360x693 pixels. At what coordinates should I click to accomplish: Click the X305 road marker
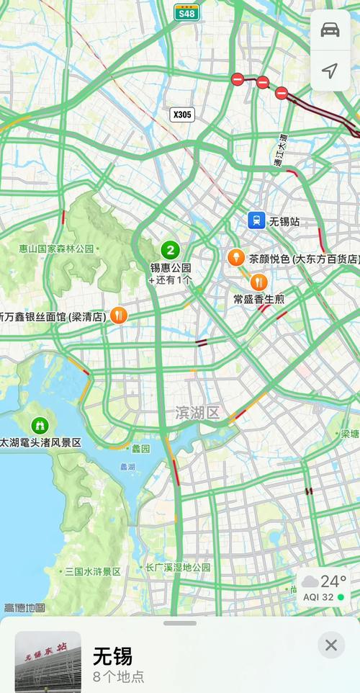coord(182,114)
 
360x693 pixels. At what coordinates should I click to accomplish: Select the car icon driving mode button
coord(330,30)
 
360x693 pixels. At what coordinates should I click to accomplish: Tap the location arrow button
coord(330,70)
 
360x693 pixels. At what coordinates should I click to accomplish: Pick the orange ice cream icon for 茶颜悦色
coord(235,257)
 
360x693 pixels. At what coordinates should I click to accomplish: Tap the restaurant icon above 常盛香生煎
coord(253,282)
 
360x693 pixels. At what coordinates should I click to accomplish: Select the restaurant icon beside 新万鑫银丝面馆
coord(120,315)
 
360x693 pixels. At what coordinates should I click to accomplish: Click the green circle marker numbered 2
coord(170,251)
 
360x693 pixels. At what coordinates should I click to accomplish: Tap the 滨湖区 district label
coord(197,413)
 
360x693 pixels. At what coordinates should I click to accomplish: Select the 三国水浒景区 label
coord(92,571)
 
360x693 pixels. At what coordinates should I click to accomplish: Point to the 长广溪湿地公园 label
coord(178,568)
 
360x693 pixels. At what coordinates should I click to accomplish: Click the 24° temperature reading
coord(333,581)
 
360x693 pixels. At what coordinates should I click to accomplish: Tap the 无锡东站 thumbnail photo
coord(48,661)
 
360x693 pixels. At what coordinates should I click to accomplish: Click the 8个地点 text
coord(118,676)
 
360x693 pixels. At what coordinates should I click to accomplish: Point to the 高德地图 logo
coord(24,608)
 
